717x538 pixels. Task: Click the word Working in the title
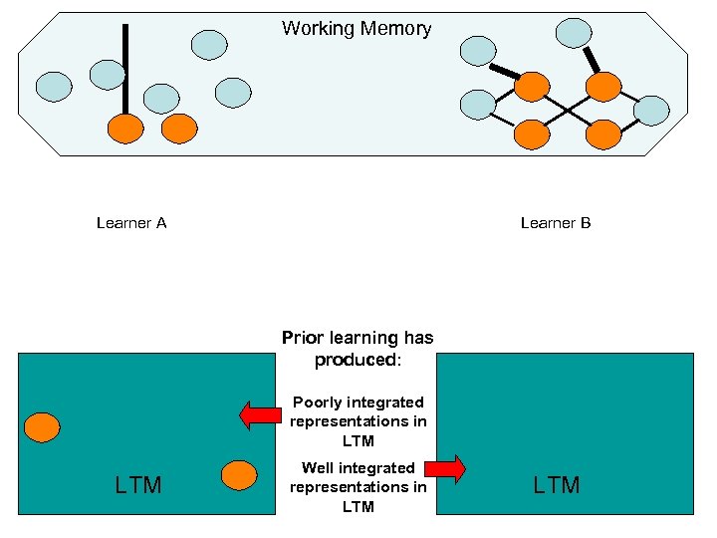[x=316, y=29]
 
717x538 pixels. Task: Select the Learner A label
[x=131, y=223]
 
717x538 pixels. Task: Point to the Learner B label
[x=556, y=223]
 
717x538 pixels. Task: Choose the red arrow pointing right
[x=446, y=468]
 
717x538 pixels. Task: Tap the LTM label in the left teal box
[x=138, y=485]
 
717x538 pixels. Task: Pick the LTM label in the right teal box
[x=557, y=485]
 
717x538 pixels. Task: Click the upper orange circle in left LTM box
[x=42, y=427]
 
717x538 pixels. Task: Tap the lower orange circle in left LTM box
[x=239, y=474]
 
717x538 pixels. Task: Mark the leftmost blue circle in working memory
[x=54, y=88]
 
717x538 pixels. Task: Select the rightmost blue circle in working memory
[x=652, y=111]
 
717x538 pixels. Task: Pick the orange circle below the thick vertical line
[x=125, y=128]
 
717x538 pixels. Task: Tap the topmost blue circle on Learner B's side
[x=574, y=32]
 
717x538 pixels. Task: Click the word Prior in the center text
[x=303, y=338]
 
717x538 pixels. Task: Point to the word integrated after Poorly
[x=384, y=403]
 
